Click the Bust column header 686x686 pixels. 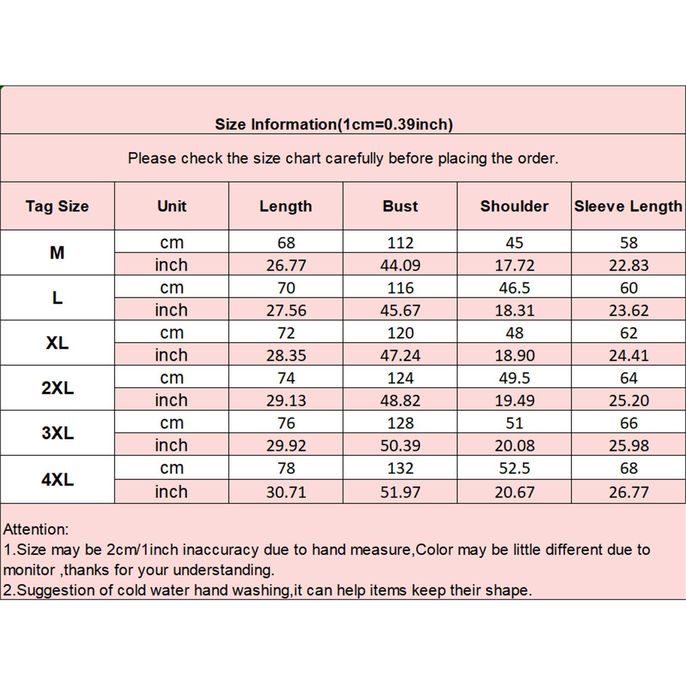pos(400,206)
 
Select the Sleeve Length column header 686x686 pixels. pos(628,206)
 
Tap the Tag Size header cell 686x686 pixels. pos(57,206)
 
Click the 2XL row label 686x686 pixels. pos(57,388)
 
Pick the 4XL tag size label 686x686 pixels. pos(57,479)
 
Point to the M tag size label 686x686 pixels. pos(57,253)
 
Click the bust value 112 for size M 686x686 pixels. pos(400,243)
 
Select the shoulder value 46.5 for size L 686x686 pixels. pos(514,288)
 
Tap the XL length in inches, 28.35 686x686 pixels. pos(286,355)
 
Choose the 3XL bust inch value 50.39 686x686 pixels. pos(400,445)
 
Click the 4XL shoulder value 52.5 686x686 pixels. pos(514,468)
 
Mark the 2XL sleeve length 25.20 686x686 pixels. pos(629,400)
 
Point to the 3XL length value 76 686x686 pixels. pos(286,423)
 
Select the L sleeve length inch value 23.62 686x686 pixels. pos(629,310)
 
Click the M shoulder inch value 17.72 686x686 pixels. pos(514,265)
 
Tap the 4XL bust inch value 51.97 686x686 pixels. pos(400,492)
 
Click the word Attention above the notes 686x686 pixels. pos(35,530)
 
